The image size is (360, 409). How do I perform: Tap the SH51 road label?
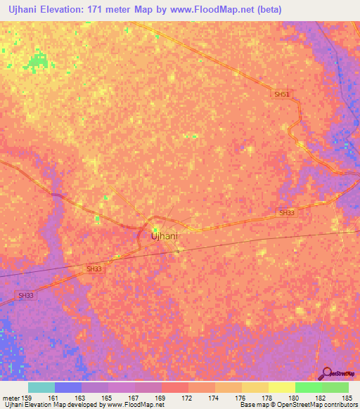pos(282,94)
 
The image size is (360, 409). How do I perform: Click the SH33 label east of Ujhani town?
pos(287,212)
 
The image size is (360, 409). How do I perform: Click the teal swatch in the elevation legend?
pos(41,387)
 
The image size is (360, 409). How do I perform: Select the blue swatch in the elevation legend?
pos(68,387)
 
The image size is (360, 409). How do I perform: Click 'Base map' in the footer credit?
pos(252,405)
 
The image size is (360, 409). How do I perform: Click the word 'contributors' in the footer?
pos(340,405)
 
